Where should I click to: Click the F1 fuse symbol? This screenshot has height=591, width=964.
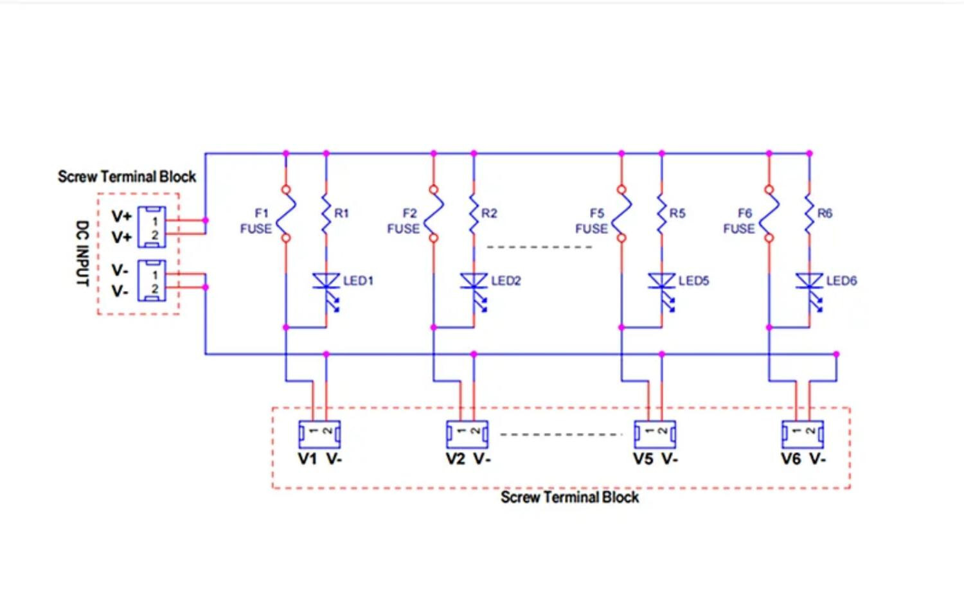(x=286, y=214)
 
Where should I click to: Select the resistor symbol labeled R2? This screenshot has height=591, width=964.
(x=474, y=214)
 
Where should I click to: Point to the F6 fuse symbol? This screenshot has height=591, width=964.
(x=769, y=214)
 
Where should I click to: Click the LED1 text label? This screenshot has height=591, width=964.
(x=358, y=281)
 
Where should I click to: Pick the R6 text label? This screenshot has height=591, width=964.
(x=825, y=213)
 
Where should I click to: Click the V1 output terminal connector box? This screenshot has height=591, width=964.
(x=319, y=434)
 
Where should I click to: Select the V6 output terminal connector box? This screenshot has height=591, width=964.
(x=803, y=434)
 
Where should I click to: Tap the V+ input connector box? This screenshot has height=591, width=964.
(x=152, y=227)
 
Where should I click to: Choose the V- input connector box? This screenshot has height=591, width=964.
(x=152, y=281)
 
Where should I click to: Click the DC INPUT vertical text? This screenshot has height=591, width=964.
(x=82, y=253)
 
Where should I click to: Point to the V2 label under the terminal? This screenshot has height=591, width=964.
(x=455, y=459)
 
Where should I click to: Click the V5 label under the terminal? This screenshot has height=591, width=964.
(x=643, y=459)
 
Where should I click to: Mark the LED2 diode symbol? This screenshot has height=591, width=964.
(x=474, y=291)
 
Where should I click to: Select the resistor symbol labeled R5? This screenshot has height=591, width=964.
(x=662, y=214)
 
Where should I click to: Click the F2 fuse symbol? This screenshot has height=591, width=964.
(x=433, y=214)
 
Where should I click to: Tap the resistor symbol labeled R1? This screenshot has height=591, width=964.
(x=326, y=214)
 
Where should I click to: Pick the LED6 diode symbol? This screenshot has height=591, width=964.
(x=810, y=291)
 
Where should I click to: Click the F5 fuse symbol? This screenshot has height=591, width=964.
(x=621, y=214)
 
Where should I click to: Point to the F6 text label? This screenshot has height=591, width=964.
(x=745, y=213)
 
